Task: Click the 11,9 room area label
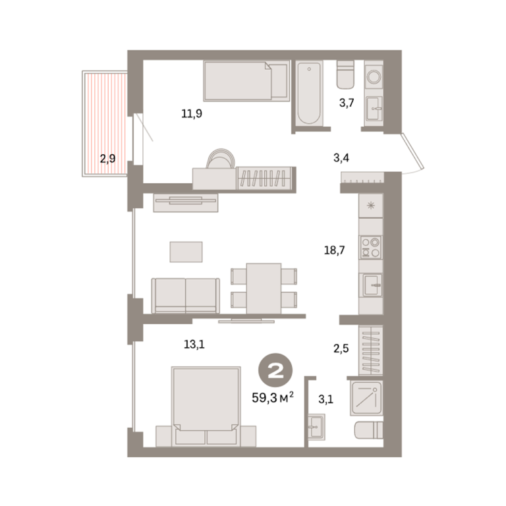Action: pyautogui.click(x=192, y=113)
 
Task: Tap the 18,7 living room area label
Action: pyautogui.click(x=334, y=250)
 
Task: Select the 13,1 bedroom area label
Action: pyautogui.click(x=194, y=345)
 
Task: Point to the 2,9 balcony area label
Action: pyautogui.click(x=107, y=159)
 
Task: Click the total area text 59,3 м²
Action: pyautogui.click(x=273, y=397)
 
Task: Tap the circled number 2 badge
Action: pyautogui.click(x=275, y=370)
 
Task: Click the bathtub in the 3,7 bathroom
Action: pyautogui.click(x=309, y=94)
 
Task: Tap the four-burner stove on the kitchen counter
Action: pyautogui.click(x=370, y=247)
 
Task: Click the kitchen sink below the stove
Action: pyautogui.click(x=372, y=285)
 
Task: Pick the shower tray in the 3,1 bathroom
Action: pyautogui.click(x=366, y=398)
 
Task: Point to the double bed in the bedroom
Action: pyautogui.click(x=206, y=407)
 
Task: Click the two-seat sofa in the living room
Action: pyautogui.click(x=186, y=296)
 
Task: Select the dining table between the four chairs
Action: pyautogui.click(x=264, y=289)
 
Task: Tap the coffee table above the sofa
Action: pyautogui.click(x=186, y=252)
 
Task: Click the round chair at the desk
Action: pyautogui.click(x=221, y=158)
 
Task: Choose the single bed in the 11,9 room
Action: pyautogui.click(x=246, y=80)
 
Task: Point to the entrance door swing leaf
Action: pyautogui.click(x=412, y=152)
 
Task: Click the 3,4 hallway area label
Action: pyautogui.click(x=341, y=158)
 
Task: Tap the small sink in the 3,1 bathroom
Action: pyautogui.click(x=316, y=427)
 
